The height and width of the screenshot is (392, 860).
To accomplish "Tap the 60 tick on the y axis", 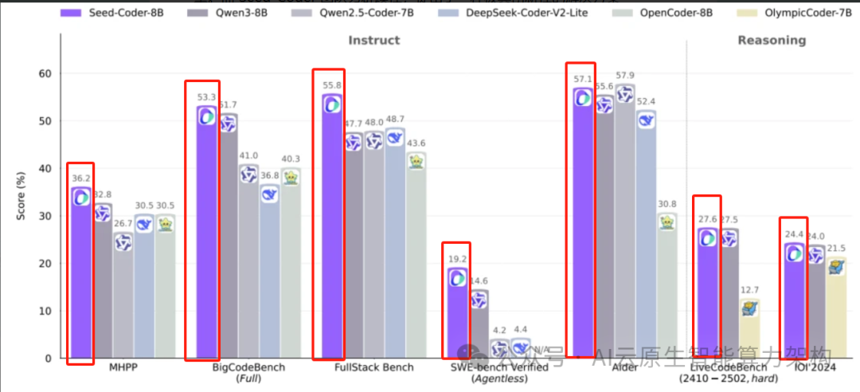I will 45,74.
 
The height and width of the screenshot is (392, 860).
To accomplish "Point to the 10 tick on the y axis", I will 45,312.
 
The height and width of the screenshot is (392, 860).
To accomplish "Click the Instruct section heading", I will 374,41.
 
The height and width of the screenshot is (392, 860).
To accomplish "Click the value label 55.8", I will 332,86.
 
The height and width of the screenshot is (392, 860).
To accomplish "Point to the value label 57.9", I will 625,76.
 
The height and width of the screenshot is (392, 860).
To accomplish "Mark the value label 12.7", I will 749,290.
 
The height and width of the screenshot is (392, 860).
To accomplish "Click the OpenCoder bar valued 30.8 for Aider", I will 667,287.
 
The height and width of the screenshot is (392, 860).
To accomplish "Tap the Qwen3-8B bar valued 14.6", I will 479,327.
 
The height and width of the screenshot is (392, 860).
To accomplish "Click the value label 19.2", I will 457,259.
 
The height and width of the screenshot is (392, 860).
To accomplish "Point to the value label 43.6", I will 416,143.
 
